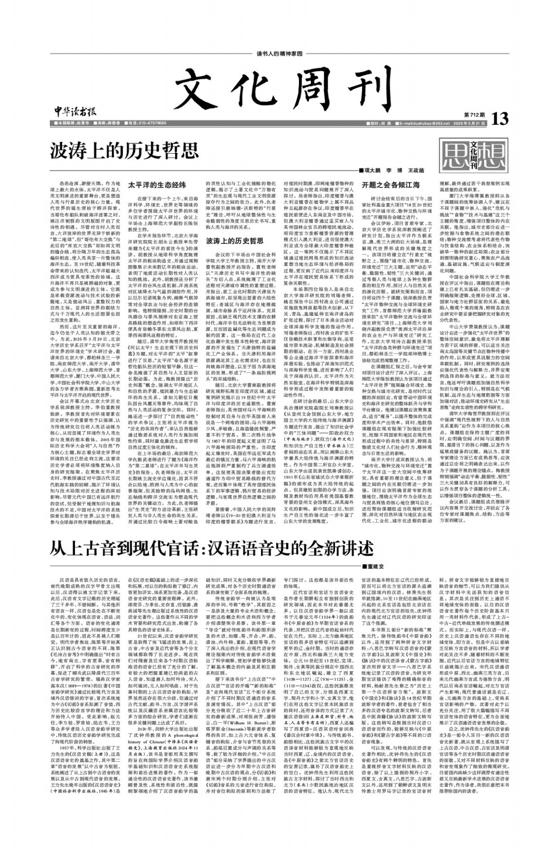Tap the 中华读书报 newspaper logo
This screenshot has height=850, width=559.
73,112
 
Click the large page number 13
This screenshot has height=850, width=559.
499,118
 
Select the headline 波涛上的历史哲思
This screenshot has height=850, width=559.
124,150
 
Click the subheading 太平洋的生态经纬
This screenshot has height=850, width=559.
150,185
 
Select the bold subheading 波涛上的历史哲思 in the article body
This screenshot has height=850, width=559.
228,241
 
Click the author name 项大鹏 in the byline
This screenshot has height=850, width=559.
373,170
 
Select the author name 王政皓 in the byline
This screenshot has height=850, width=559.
415,170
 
